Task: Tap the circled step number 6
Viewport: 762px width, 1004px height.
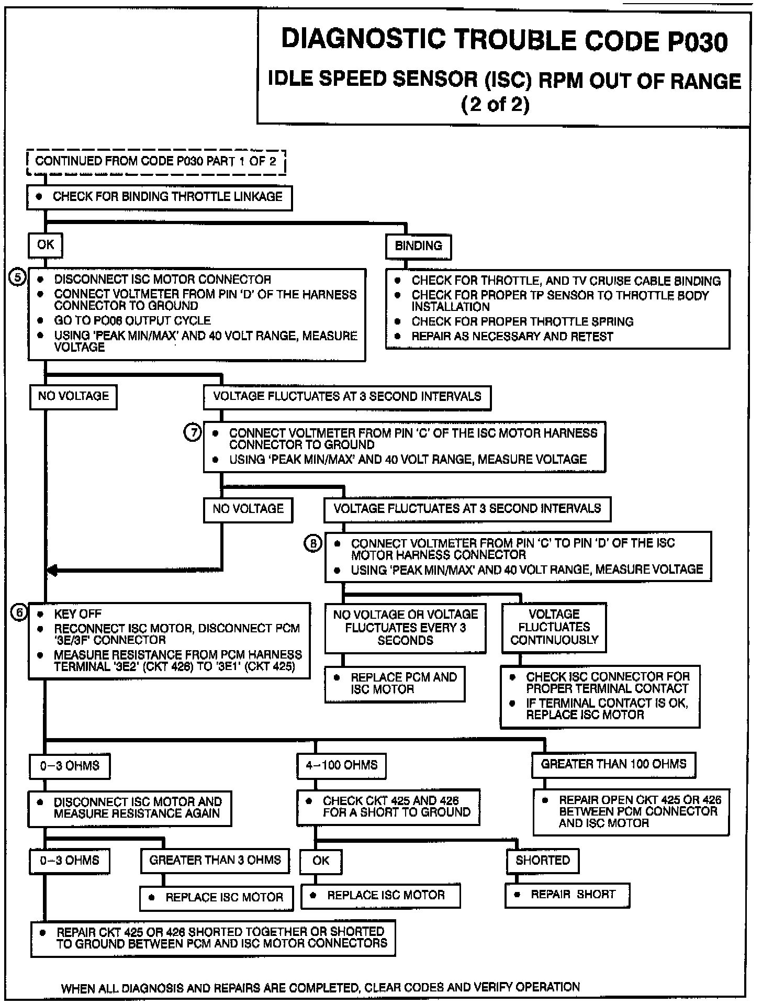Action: (x=19, y=612)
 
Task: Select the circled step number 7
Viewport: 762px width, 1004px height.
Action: (x=193, y=432)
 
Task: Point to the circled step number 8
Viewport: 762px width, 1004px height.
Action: (x=313, y=543)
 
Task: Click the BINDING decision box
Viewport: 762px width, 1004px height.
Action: (x=418, y=246)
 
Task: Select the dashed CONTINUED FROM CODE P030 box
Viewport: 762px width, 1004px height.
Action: (x=156, y=161)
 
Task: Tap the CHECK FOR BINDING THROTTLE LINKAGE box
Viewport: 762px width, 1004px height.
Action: (x=160, y=197)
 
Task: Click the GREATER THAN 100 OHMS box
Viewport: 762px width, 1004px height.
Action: (x=613, y=764)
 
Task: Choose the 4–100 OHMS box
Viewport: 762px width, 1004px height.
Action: (x=341, y=766)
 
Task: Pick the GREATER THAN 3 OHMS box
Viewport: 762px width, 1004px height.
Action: (x=215, y=860)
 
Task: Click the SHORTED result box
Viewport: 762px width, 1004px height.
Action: (x=543, y=861)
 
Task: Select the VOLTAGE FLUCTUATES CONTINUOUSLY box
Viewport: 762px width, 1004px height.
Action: (x=554, y=627)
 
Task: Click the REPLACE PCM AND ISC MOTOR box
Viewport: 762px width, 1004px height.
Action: (x=395, y=683)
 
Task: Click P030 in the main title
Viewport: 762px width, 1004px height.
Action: (x=697, y=42)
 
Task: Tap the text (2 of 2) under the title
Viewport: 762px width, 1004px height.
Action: (x=495, y=105)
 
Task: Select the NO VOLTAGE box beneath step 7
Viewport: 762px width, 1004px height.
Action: (x=248, y=509)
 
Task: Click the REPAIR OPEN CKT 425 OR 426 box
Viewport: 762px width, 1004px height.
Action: (x=631, y=812)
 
